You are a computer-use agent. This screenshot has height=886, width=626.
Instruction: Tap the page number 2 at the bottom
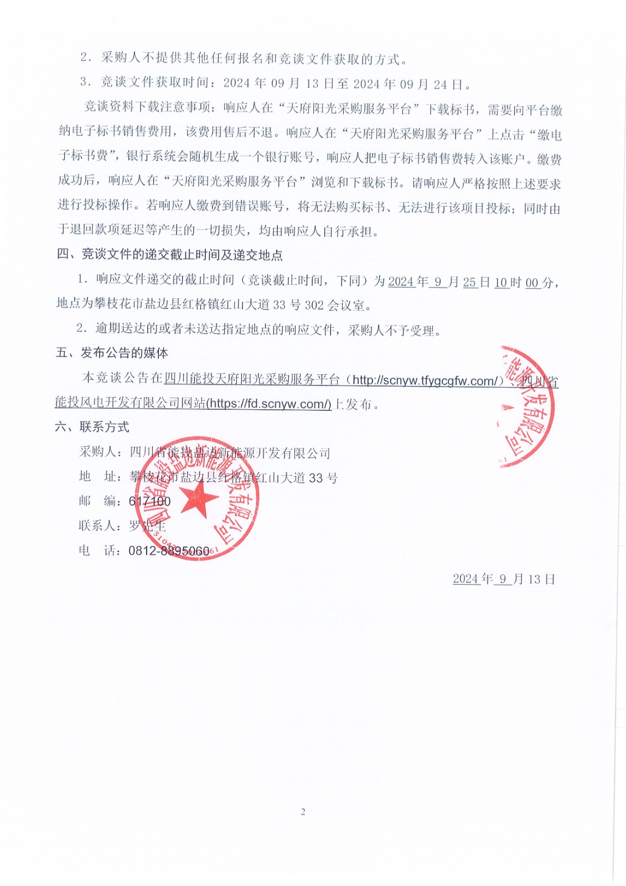click(x=303, y=812)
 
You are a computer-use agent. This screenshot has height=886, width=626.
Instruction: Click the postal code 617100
click(x=149, y=501)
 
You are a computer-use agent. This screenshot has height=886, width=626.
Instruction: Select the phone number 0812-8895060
click(x=169, y=551)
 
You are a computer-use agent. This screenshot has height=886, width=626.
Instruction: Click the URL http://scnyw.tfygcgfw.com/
click(x=427, y=380)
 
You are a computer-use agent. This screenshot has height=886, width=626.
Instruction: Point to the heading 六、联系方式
click(x=92, y=427)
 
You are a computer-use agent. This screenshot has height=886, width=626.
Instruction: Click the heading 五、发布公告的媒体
click(x=112, y=353)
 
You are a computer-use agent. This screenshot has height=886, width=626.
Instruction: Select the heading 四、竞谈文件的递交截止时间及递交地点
click(x=170, y=255)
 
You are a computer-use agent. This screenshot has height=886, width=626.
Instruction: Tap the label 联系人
click(x=98, y=526)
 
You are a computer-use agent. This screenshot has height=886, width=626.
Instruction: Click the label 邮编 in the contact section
click(x=98, y=501)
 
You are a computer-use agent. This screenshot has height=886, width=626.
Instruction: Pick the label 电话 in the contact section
click(x=98, y=550)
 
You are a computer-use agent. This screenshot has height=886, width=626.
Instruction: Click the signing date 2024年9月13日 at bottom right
click(x=504, y=579)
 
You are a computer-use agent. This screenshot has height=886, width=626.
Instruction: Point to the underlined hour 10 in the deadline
click(x=501, y=282)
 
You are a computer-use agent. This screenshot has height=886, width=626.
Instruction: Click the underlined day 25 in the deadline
click(x=469, y=282)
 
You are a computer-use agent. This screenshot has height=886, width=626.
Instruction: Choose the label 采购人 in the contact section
click(x=98, y=452)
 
